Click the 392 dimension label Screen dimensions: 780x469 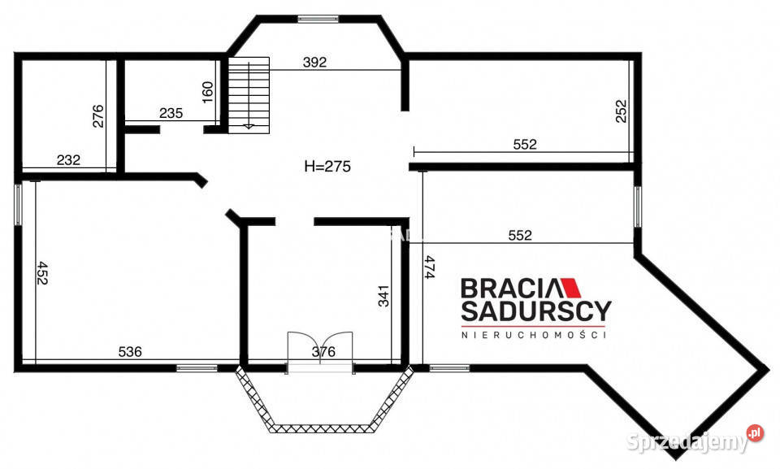coord(315,62)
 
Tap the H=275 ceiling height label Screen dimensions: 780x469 coord(327,167)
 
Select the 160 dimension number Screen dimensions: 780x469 coord(208,92)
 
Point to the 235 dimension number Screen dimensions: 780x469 coord(171,113)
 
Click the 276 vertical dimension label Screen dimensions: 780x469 coord(98,116)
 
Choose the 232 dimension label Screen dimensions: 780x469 coord(68,160)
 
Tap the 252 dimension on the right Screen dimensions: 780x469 coord(622,111)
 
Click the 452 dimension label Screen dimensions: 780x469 coord(42,273)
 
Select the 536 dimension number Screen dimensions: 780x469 coord(130,351)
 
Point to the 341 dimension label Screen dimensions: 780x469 coord(383,296)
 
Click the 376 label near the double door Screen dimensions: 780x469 coord(323,352)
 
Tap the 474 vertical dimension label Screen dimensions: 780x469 coord(430,267)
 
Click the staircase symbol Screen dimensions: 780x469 coord(249,95)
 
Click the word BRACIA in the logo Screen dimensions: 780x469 coord(512,289)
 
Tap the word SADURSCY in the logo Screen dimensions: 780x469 coord(535,310)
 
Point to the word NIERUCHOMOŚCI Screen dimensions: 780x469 coord(534,335)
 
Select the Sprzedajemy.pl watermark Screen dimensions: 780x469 coord(695,440)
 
